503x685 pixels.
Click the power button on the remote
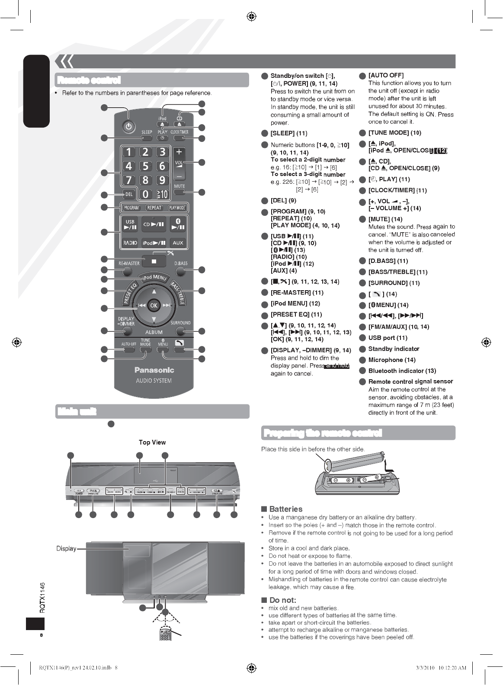(128, 127)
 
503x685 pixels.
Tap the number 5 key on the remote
(145, 166)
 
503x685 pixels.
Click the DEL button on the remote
(128, 195)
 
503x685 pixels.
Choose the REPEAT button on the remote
(154, 208)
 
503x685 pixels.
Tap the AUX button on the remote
(178, 243)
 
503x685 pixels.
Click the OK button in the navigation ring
(154, 305)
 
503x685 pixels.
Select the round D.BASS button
(181, 272)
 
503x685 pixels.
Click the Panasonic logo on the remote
(154, 370)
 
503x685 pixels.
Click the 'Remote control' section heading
(89, 80)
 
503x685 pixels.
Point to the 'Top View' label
(152, 442)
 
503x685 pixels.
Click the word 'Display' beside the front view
(66, 549)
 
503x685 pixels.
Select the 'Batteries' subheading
(285, 509)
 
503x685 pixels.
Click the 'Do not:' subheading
(282, 600)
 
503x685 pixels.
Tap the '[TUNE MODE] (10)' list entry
(394, 133)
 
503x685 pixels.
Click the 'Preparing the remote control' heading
(322, 433)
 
